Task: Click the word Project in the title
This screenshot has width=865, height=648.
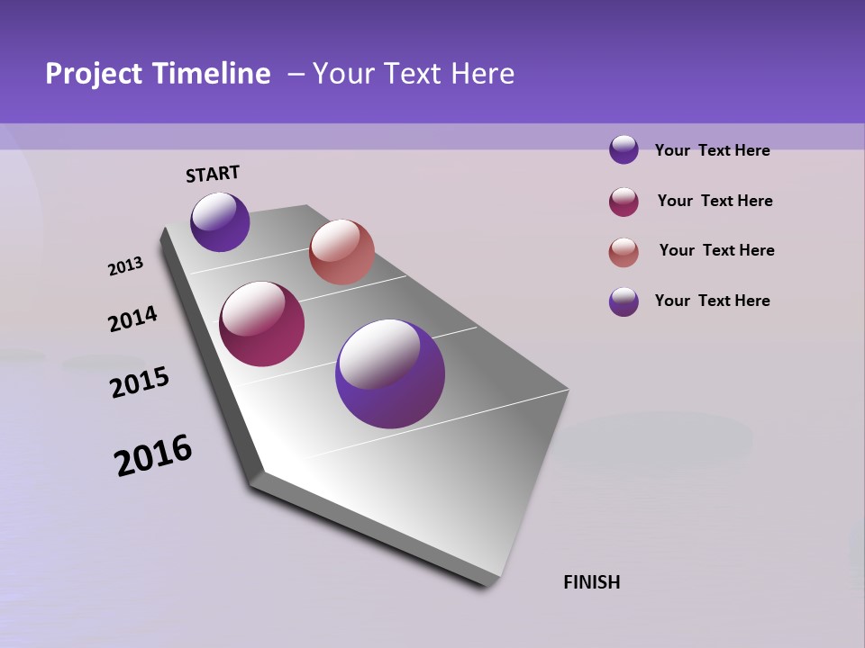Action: coord(93,74)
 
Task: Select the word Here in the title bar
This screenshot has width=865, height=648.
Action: coord(481,74)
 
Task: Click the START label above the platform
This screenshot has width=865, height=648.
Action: coord(213,174)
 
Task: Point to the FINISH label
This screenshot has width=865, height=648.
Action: coord(591,582)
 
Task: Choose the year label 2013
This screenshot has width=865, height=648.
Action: coord(125,266)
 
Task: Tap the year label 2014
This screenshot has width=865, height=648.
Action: coord(132,319)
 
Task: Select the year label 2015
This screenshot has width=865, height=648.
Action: coord(139,382)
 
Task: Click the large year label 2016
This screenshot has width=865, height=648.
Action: coord(153,455)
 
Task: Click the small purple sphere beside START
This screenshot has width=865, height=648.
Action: coord(220,221)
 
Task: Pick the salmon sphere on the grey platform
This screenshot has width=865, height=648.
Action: coord(341,252)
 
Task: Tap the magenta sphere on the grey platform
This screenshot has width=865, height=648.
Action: coord(262,324)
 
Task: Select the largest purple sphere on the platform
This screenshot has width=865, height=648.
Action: coord(390,373)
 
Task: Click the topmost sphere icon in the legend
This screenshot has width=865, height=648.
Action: coord(624,149)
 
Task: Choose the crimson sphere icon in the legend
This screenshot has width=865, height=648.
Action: coord(624,202)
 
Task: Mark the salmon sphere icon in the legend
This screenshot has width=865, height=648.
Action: coord(624,252)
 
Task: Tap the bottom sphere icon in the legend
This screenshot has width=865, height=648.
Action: coord(624,301)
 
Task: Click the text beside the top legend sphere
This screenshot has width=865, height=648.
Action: coord(712,150)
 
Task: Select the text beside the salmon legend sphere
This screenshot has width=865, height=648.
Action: coord(716,250)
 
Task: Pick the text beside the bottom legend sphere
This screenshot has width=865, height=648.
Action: coord(712,301)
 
